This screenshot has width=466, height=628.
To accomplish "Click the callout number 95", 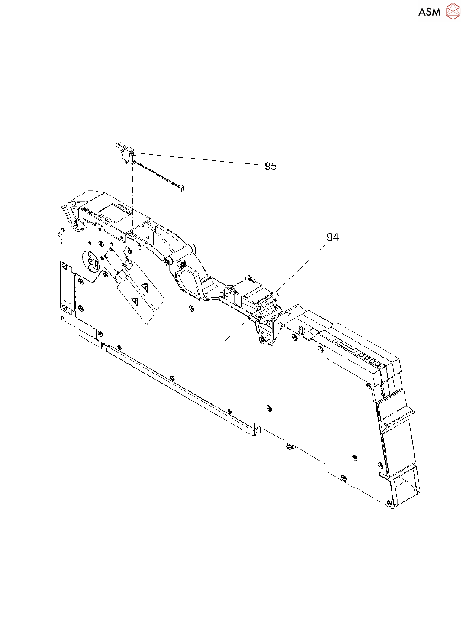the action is click(270, 166).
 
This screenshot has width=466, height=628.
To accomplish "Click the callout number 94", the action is click(332, 238).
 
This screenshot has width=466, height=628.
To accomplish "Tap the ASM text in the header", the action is click(429, 12).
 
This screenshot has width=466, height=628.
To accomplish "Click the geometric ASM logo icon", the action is click(453, 11).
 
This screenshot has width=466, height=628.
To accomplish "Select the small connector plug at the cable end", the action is click(180, 188).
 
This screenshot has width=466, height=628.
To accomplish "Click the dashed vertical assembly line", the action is click(132, 195).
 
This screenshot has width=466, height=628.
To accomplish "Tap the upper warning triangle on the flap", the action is click(144, 286).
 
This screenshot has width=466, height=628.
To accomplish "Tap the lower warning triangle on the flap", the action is click(135, 301).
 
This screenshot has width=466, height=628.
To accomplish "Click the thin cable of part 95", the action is click(156, 174).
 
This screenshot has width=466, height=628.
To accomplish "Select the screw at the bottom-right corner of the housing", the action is click(390, 504).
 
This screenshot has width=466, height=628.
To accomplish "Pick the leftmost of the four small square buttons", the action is click(361, 354).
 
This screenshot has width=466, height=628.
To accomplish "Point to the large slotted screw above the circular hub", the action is click(100, 243).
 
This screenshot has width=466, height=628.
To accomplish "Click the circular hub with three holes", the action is click(91, 262).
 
